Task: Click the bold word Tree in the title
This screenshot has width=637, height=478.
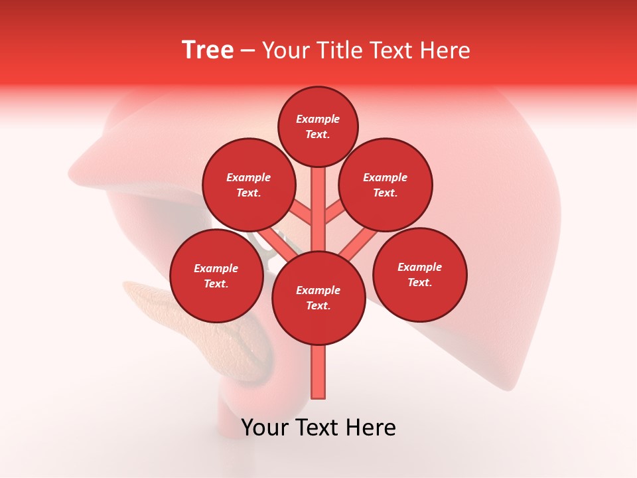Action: click(208, 50)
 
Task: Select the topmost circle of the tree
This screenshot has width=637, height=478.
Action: click(318, 126)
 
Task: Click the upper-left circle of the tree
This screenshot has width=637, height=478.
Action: click(248, 185)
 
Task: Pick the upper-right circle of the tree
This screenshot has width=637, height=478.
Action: click(386, 185)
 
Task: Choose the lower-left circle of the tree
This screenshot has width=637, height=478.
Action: click(216, 276)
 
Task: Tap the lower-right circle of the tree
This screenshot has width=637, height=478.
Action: click(419, 274)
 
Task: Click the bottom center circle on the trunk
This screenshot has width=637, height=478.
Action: click(318, 297)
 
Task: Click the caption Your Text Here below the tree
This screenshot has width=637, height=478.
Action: click(318, 428)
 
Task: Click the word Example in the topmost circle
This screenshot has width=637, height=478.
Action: click(318, 119)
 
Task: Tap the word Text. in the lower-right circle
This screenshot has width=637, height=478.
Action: click(419, 282)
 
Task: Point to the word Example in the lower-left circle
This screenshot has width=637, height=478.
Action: click(216, 268)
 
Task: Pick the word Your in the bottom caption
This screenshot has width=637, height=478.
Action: click(264, 428)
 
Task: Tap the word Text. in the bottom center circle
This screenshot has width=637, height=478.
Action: click(318, 305)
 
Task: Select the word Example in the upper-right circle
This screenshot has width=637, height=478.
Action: click(386, 177)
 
